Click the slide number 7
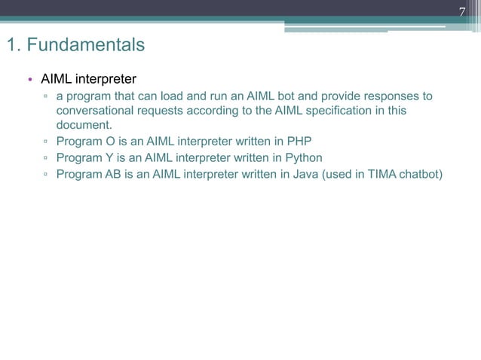[x=463, y=11]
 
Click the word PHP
[x=299, y=141]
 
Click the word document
[x=84, y=124]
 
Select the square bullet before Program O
[x=46, y=141]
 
